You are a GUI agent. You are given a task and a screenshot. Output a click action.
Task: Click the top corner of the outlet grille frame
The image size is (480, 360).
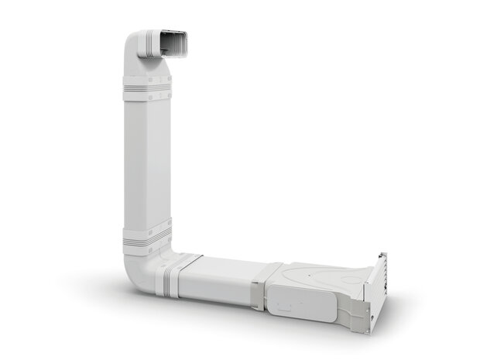(x=382, y=253)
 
